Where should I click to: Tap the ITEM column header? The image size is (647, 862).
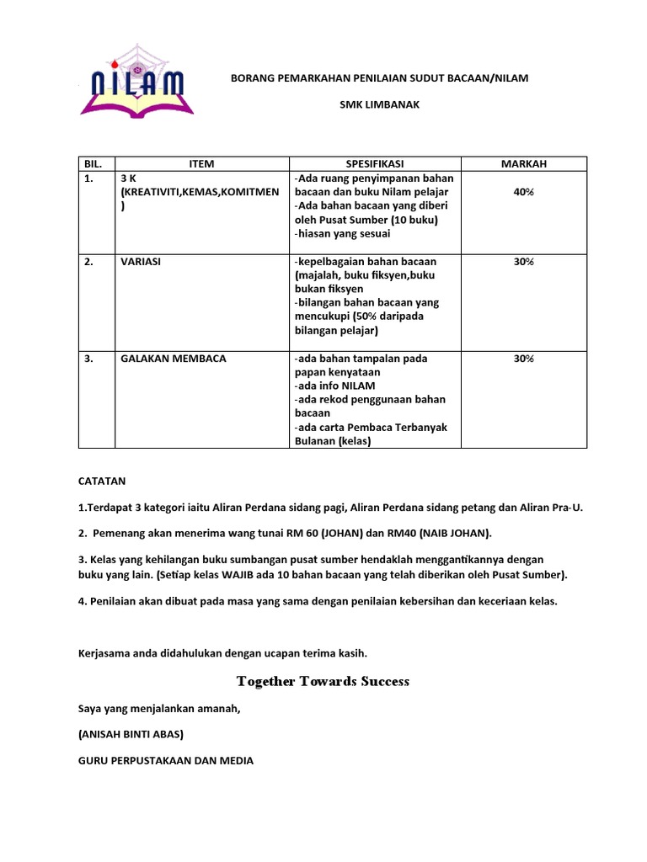coord(202,164)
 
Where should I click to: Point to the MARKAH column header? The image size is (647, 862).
coord(523,164)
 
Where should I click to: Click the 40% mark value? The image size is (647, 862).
coord(523,192)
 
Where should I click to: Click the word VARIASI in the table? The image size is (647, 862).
coord(140,262)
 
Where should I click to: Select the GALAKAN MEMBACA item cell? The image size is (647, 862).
coord(173,359)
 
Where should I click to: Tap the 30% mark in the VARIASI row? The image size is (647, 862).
coord(523,262)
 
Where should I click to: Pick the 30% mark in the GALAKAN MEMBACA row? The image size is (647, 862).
coord(523,359)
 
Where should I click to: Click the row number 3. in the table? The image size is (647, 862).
coord(88,359)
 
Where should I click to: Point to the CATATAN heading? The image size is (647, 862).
coord(101,482)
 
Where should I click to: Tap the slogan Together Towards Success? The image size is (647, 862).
coord(323,681)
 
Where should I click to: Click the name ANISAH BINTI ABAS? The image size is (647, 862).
coord(131,734)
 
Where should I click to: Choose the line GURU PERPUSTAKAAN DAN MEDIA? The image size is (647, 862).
coord(165,760)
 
